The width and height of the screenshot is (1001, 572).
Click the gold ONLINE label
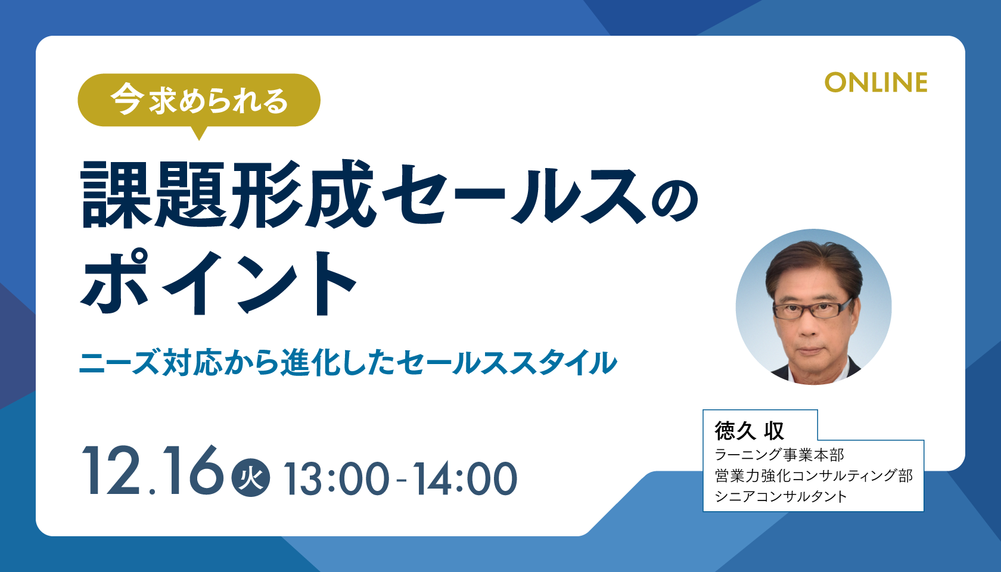(876, 83)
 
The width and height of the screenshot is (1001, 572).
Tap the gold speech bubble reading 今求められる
(199, 100)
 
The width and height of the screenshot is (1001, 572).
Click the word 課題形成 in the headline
(228, 194)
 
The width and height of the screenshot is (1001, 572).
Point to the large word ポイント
(219, 282)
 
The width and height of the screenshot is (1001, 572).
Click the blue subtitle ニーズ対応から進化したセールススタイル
(348, 363)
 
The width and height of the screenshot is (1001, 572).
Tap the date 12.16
(153, 471)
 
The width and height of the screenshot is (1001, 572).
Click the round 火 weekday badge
(251, 478)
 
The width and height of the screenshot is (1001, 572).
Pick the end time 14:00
(465, 478)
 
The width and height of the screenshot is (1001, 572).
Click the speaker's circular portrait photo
(814, 307)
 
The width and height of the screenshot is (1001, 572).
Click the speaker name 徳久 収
(750, 431)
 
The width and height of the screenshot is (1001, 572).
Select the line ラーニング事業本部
(779, 455)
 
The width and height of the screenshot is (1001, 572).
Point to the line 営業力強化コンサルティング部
(813, 475)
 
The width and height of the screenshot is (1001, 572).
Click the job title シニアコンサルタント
(781, 496)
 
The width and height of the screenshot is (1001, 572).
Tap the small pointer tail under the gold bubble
(199, 133)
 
